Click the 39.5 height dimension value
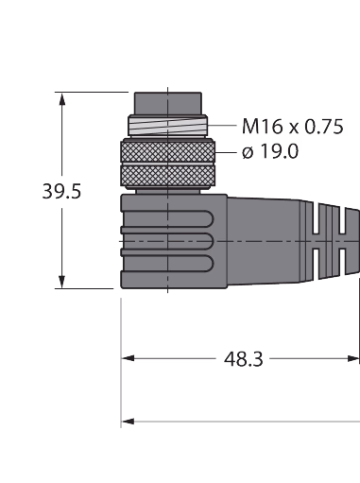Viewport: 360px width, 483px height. (61, 192)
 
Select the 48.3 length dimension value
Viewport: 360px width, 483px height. (243, 359)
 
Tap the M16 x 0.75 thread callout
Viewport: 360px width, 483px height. (292, 127)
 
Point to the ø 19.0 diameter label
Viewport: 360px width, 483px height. (270, 151)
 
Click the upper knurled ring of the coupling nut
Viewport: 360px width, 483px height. (168, 152)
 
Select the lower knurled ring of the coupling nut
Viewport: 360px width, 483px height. (168, 176)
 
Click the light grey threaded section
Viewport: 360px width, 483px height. (168, 126)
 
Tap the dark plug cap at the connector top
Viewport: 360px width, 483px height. (168, 104)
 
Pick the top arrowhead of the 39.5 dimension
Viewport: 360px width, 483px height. (62, 98)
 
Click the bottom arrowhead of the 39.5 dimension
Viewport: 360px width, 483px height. (62, 282)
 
